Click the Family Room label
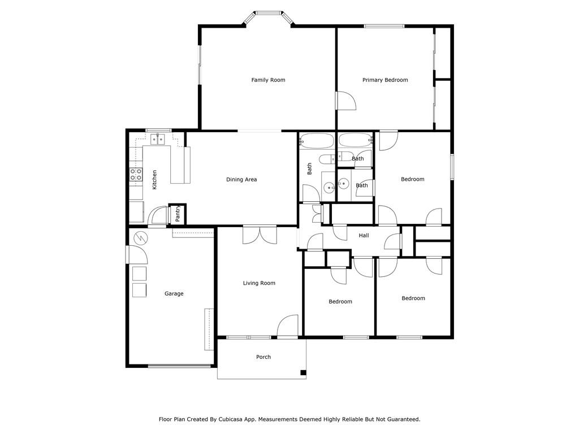pos(268,80)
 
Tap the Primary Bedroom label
pos(385,80)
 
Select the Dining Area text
pos(241,179)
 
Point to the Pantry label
pos(178,214)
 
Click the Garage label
pos(174,294)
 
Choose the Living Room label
pos(259,283)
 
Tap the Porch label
pos(263,357)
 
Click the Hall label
pos(364,235)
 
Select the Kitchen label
pos(154,180)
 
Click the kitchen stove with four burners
pos(136,175)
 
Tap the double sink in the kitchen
pos(158,139)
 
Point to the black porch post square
pos(303,373)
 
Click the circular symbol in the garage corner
pos(140,238)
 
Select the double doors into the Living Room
pos(260,235)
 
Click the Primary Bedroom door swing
pos(345,101)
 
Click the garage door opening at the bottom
pos(179,366)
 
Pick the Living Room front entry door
pos(288,325)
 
